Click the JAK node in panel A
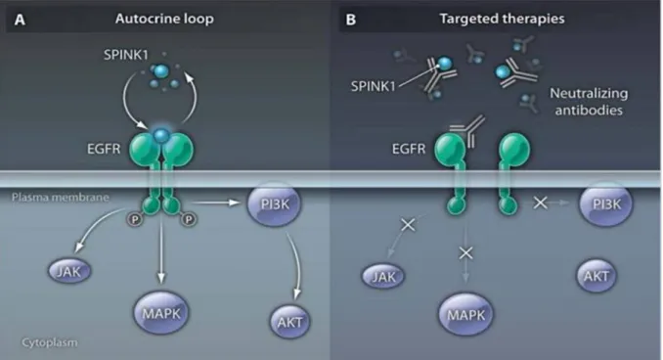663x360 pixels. (x=69, y=271)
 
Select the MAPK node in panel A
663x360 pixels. (x=161, y=313)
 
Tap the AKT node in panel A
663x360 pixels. (x=289, y=322)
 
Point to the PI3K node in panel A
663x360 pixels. (x=275, y=203)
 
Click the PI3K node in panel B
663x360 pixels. (x=606, y=203)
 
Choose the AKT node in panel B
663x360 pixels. (x=597, y=276)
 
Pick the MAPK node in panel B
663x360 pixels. (x=465, y=314)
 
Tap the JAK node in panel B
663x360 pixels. (x=383, y=276)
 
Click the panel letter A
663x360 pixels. (x=20, y=20)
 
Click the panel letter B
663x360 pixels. (x=350, y=20)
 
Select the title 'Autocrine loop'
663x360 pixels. (x=164, y=19)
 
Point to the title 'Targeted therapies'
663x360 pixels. (x=502, y=19)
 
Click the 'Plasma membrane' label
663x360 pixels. (x=61, y=198)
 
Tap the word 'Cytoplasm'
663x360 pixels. (x=50, y=342)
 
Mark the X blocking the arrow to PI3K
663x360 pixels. (x=541, y=202)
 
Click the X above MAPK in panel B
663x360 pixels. (x=465, y=253)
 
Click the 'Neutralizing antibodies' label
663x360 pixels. (x=589, y=102)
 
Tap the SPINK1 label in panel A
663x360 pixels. (x=126, y=55)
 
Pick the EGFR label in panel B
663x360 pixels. (x=409, y=149)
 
